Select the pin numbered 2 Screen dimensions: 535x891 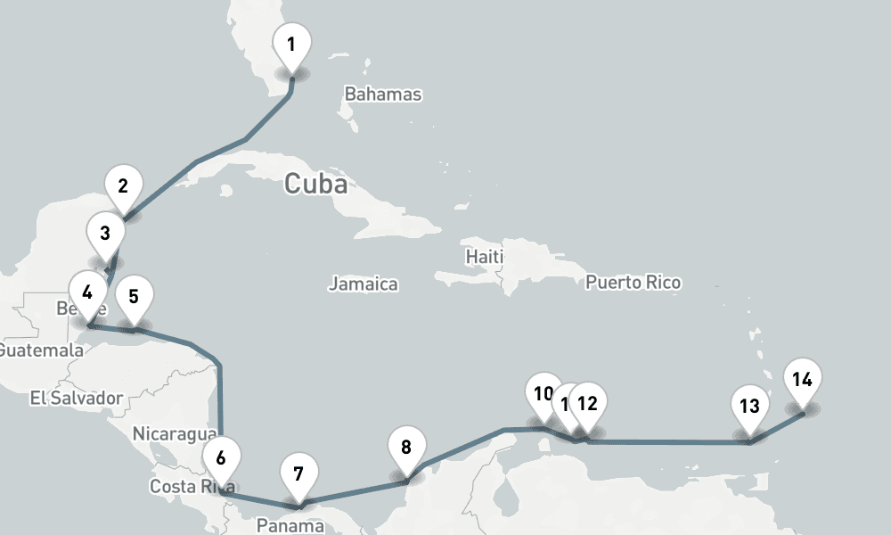point(123,186)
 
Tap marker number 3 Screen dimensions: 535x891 point(105,235)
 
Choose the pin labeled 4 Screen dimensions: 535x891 point(87,293)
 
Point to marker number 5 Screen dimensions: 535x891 point(134,297)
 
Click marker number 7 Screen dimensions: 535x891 point(298,473)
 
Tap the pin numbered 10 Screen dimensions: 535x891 point(543,393)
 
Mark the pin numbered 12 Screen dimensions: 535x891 point(588,403)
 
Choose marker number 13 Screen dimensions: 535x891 point(749,407)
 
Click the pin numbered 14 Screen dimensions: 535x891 point(802,380)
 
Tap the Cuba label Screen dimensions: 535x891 point(315,185)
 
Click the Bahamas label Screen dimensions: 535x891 point(383,95)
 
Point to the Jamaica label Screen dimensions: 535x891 point(363,284)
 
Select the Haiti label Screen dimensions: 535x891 point(484,257)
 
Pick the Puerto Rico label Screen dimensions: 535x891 point(634,283)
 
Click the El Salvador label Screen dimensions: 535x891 point(76,398)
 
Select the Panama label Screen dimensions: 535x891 point(290,525)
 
